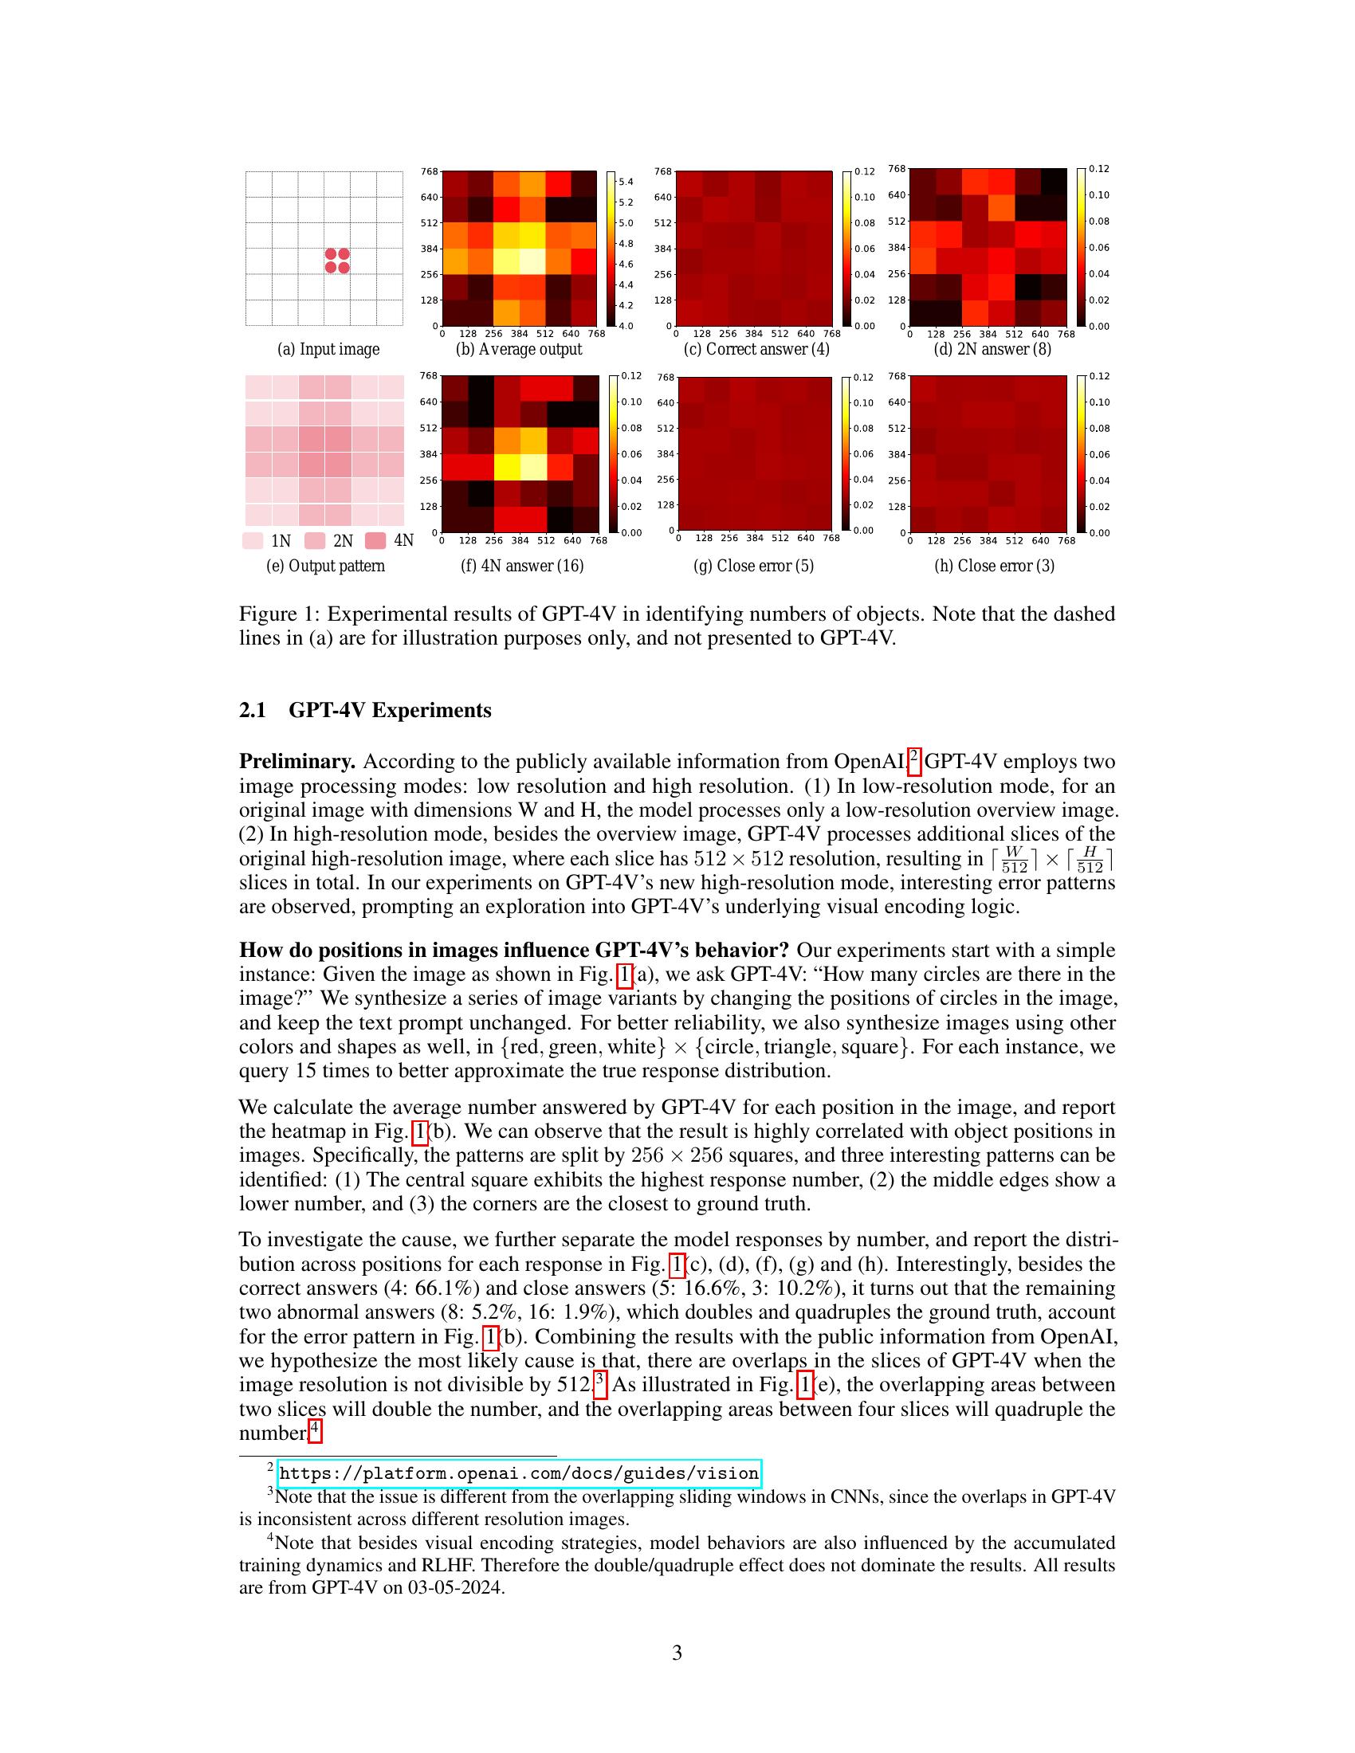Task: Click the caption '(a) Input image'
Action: pos(328,349)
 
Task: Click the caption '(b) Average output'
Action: pos(519,349)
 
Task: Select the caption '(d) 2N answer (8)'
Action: pos(992,349)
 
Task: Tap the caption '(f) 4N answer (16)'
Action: pos(522,566)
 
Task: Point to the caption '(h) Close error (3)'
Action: pos(994,566)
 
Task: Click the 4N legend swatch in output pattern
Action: pos(375,540)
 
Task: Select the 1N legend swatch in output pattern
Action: pos(253,540)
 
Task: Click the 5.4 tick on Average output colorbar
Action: pos(626,182)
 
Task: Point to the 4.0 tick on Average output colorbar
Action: pos(626,326)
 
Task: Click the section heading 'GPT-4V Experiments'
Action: pos(389,710)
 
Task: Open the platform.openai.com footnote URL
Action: pos(519,1473)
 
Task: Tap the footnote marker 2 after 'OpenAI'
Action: pos(913,757)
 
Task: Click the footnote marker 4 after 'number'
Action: pos(316,1429)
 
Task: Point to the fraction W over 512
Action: pos(1015,859)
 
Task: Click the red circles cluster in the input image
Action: pos(337,261)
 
